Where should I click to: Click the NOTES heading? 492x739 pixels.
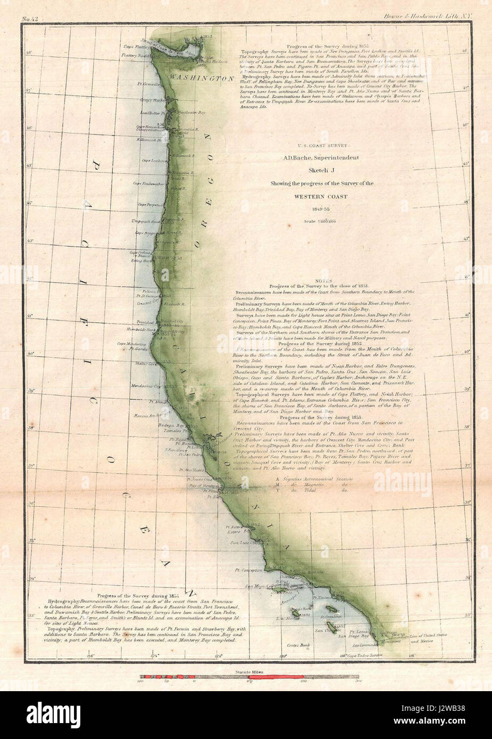323,281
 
